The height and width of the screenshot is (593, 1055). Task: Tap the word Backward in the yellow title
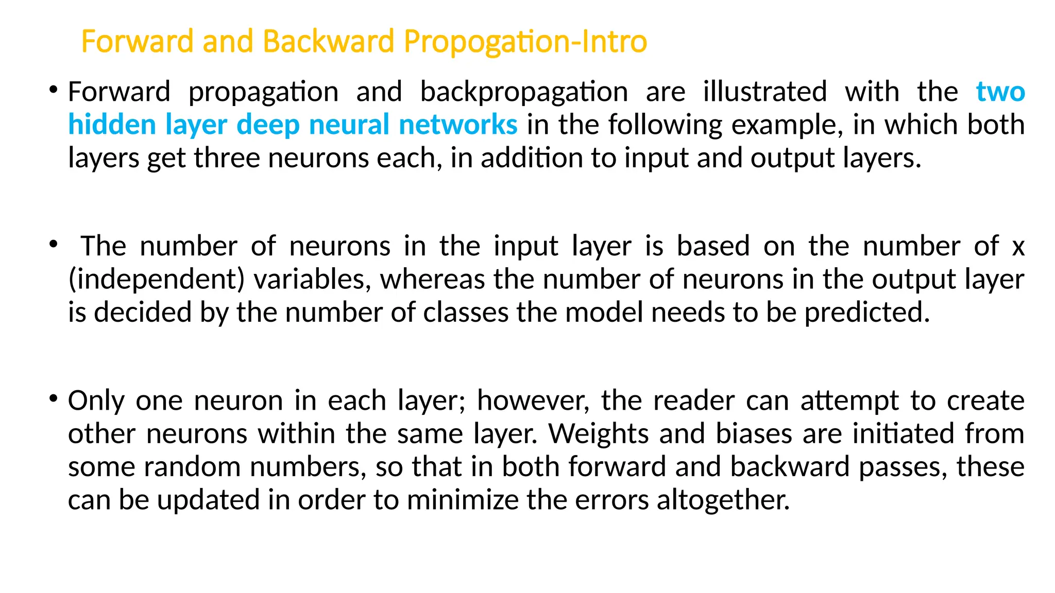(328, 41)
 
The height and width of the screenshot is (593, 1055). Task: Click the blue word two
(1000, 93)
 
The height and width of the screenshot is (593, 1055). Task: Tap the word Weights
(598, 434)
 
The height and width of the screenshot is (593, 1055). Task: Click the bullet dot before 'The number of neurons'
(53, 245)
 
